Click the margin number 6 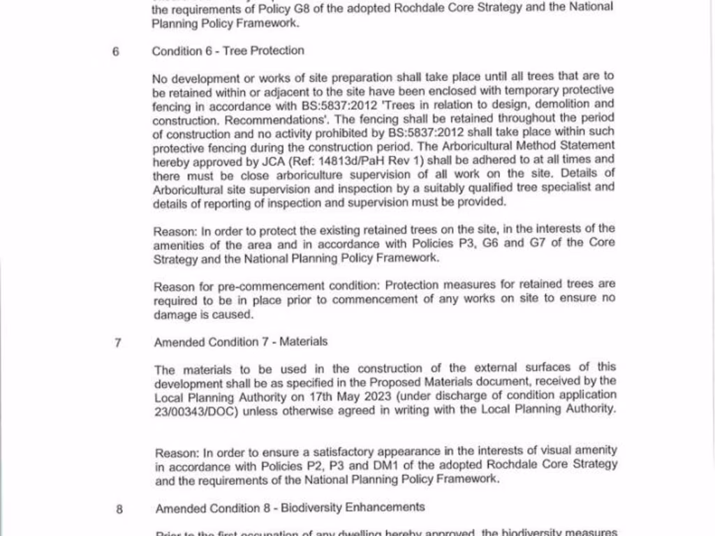pos(116,51)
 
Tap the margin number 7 pos(119,343)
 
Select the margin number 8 pos(119,509)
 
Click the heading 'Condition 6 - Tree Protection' pos(228,50)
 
